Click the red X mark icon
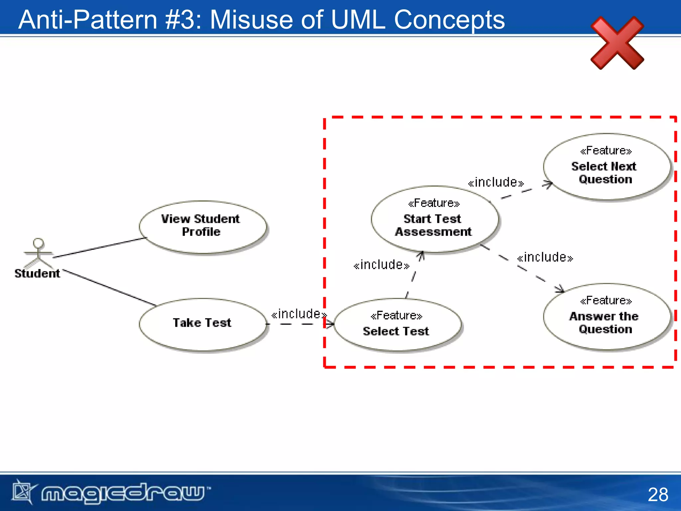pyautogui.click(x=617, y=43)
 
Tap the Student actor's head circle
pyautogui.click(x=39, y=243)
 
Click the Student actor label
pyautogui.click(x=37, y=273)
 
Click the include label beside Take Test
pyautogui.click(x=299, y=314)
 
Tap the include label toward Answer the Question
pyautogui.click(x=545, y=257)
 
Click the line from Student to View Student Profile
pyautogui.click(x=100, y=247)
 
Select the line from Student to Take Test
pyautogui.click(x=110, y=288)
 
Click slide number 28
pyautogui.click(x=658, y=494)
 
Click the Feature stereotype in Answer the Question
pyautogui.click(x=606, y=301)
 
